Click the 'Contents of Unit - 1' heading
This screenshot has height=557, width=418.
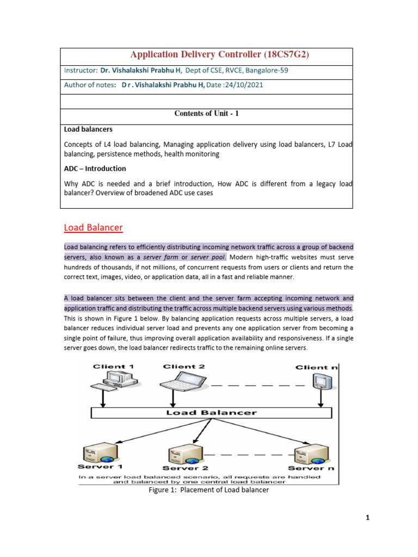(206, 114)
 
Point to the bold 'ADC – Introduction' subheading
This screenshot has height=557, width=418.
(95, 169)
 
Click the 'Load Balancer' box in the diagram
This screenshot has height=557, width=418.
(211, 413)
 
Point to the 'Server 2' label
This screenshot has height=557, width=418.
(185, 468)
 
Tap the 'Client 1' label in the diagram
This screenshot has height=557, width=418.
(114, 367)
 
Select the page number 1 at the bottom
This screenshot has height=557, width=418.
(367, 518)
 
